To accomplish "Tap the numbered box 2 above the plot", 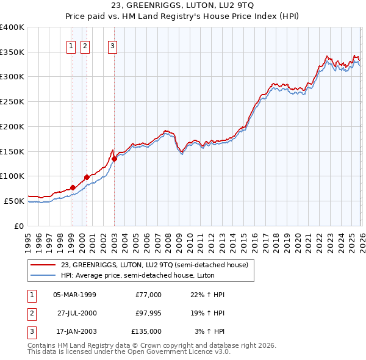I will (85, 45).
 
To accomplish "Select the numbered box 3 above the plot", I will (113, 45).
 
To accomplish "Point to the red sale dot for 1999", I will (73, 187).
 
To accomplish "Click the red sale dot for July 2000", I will (87, 177).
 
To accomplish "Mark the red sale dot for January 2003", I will (114, 159).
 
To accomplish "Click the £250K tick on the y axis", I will (12, 102).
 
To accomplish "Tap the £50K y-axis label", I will (14, 201).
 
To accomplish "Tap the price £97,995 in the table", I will (146, 313).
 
